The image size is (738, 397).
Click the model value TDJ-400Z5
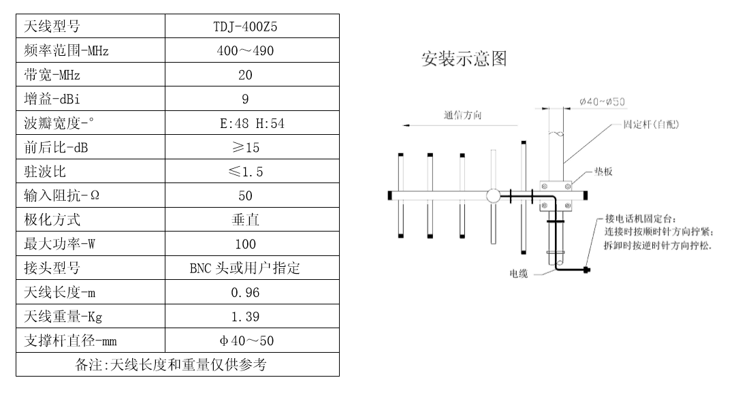[x=245, y=27]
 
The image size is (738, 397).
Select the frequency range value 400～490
[x=245, y=51]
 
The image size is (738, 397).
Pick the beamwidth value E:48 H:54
[x=245, y=123]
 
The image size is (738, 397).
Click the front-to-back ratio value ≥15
[x=245, y=147]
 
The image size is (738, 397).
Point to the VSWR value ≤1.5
[x=245, y=172]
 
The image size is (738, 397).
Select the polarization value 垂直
[x=245, y=219]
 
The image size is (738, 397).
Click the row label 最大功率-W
[x=57, y=244]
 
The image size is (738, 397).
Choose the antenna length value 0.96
[x=245, y=293]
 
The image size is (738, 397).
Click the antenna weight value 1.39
[x=245, y=317]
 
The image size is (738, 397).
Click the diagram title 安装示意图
[x=464, y=59]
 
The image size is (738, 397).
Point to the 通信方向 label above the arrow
[x=463, y=115]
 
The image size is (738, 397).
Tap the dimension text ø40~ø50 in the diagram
[x=603, y=102]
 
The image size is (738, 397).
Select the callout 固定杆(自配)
[x=651, y=125]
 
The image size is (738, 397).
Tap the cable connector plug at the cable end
[x=586, y=270]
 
